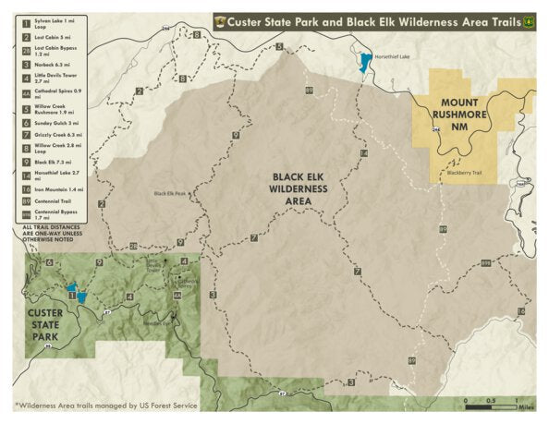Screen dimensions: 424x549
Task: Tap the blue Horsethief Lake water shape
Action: click(365, 64)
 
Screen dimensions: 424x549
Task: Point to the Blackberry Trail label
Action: click(464, 172)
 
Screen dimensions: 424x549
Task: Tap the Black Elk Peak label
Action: click(170, 194)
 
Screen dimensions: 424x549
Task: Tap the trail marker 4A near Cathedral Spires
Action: click(177, 296)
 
